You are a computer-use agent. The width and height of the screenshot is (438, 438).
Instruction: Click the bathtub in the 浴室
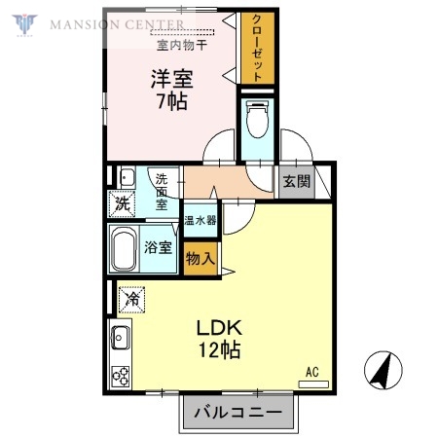click(x=124, y=249)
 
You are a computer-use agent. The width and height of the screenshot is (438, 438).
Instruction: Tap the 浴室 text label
click(x=160, y=247)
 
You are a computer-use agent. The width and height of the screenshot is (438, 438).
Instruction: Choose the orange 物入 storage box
click(x=200, y=260)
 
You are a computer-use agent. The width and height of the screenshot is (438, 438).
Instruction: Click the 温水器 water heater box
click(x=202, y=221)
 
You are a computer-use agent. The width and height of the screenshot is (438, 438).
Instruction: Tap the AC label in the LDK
click(x=311, y=371)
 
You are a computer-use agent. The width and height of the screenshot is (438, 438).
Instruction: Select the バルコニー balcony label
click(x=237, y=413)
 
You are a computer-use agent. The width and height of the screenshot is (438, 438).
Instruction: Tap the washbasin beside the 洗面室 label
click(x=127, y=177)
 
